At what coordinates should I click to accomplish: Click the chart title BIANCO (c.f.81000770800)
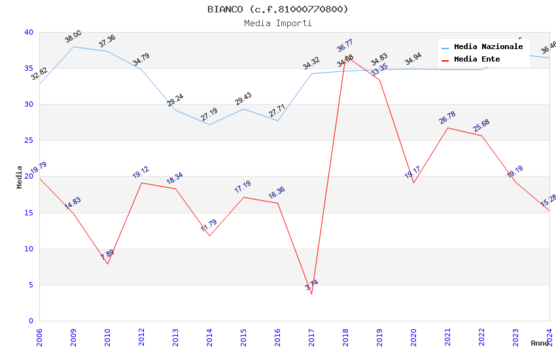point(277,9)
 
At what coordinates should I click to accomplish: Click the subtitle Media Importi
point(277,23)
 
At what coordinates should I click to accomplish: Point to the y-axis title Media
point(20,177)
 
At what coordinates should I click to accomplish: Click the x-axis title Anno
point(540,343)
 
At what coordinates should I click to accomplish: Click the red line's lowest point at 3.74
point(311,294)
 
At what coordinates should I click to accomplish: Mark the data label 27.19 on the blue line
point(209,115)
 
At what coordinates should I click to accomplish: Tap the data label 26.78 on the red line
point(447,118)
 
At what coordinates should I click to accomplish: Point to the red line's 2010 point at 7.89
point(107,264)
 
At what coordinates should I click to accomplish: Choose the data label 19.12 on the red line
point(141,172)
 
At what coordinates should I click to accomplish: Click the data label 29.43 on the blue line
point(243,99)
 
